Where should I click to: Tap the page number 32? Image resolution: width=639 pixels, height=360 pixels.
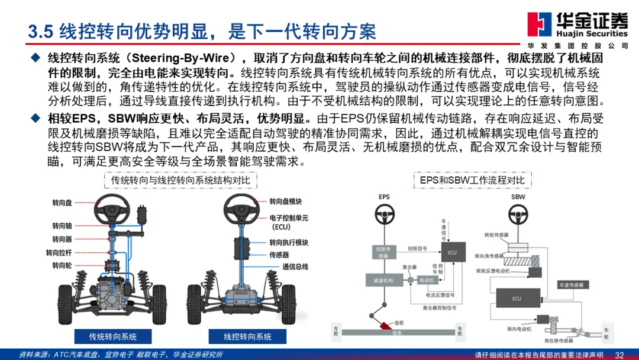(619, 355)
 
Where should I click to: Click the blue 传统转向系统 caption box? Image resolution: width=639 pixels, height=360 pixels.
(112, 336)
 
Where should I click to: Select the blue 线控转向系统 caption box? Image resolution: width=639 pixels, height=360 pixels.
(247, 336)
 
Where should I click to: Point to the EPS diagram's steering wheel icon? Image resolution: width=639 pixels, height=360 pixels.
(385, 212)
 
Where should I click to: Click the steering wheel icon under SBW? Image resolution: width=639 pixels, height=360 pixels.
(518, 212)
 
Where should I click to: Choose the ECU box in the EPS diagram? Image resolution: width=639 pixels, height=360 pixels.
(452, 253)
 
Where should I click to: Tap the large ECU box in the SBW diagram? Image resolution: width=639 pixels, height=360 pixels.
(517, 298)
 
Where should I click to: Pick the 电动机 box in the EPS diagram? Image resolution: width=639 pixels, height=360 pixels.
(426, 279)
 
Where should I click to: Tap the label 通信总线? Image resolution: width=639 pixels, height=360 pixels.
(295, 266)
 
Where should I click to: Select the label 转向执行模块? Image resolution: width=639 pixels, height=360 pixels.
(289, 243)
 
